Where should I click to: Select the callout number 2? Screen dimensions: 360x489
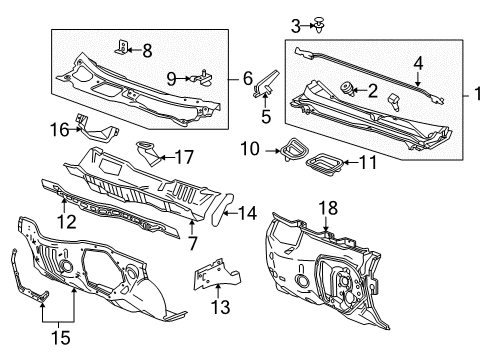[372, 92]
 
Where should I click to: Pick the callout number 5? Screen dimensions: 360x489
[265, 116]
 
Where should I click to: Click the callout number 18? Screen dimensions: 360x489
[327, 236]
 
